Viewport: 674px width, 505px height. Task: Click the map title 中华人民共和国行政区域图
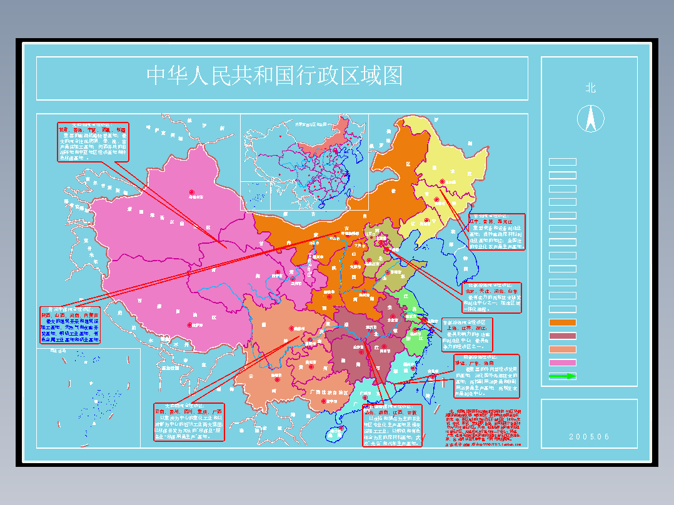click(x=274, y=76)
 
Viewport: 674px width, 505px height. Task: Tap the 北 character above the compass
click(x=590, y=88)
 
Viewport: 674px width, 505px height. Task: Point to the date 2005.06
click(x=589, y=437)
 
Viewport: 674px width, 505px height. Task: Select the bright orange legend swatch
click(x=562, y=322)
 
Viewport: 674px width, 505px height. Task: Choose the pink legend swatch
click(x=562, y=363)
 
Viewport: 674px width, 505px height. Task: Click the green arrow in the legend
click(x=562, y=376)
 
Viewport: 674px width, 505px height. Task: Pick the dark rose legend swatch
click(x=562, y=336)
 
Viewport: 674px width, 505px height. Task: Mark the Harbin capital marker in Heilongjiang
click(x=446, y=183)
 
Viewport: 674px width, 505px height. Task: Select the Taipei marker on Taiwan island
click(x=432, y=376)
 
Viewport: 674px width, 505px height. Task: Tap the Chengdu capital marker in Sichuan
click(x=291, y=329)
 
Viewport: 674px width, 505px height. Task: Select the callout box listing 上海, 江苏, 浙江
click(x=467, y=334)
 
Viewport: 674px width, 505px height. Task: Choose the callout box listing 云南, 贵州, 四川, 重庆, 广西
click(x=189, y=422)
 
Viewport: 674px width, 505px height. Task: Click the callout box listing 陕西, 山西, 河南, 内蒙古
click(x=69, y=324)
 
